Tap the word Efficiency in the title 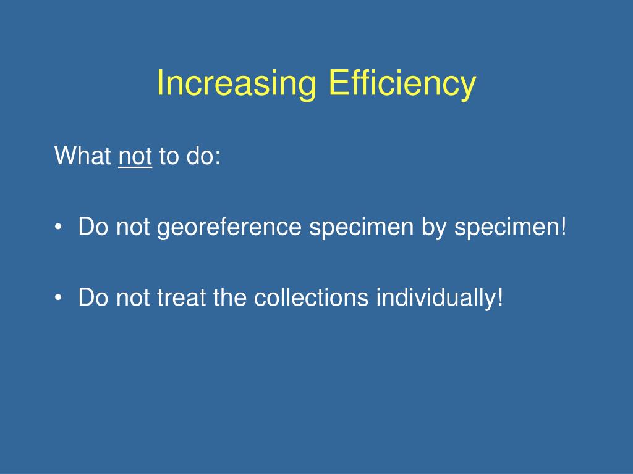(x=402, y=83)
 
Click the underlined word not (x=135, y=156)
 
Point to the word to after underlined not (x=169, y=156)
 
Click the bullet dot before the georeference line (x=59, y=227)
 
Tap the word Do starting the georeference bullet (x=93, y=226)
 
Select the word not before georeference (x=133, y=227)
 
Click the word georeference (x=229, y=227)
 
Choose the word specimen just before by (x=361, y=227)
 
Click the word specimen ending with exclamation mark (x=511, y=227)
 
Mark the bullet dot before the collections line (x=59, y=298)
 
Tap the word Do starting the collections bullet (x=93, y=297)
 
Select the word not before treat (x=133, y=297)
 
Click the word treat (x=181, y=297)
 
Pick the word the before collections (x=230, y=297)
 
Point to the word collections (x=312, y=297)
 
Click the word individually (x=440, y=299)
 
